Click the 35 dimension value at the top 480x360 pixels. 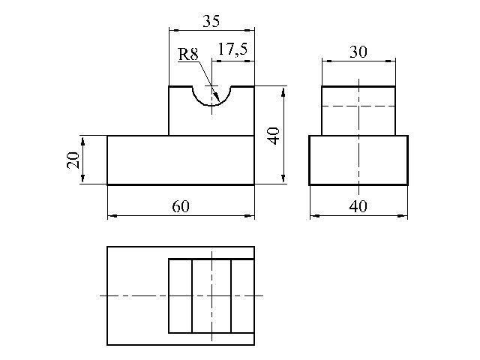click(x=211, y=22)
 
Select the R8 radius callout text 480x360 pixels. click(x=187, y=54)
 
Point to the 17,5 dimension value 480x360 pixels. click(x=232, y=50)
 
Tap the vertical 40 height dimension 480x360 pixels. click(x=274, y=136)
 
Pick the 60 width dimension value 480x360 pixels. click(x=181, y=208)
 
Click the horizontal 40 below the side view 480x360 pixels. click(x=358, y=208)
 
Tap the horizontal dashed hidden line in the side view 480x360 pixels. click(x=358, y=106)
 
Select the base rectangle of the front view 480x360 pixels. click(x=181, y=160)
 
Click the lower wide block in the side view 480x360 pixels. click(x=358, y=160)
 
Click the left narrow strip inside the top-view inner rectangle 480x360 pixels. click(x=181, y=296)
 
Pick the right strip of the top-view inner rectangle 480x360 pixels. click(x=242, y=296)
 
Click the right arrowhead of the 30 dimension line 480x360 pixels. click(x=391, y=59)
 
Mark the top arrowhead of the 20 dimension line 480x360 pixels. click(x=82, y=139)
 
